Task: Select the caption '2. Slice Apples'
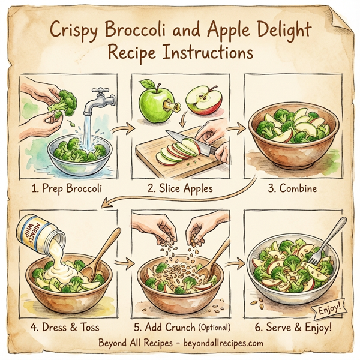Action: coord(180,187)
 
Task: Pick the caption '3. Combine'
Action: coord(292,187)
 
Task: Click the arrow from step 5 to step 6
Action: coord(236,265)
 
